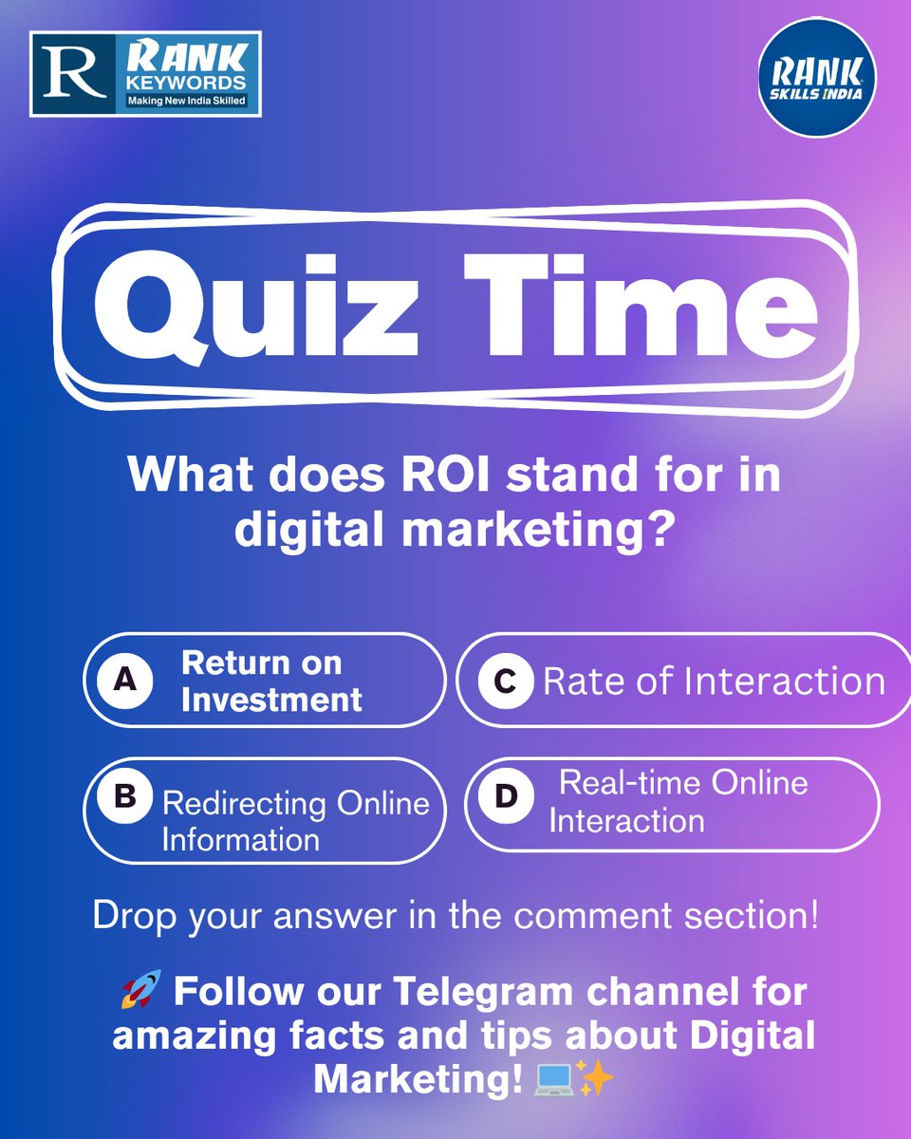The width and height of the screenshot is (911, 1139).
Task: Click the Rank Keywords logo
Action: pos(145,74)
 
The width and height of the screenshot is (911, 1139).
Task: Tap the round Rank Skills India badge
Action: pos(817,77)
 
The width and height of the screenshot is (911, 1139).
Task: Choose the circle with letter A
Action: pos(120,681)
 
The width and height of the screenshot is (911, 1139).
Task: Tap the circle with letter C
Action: pos(505,681)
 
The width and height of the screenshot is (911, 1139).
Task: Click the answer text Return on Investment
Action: pos(271,682)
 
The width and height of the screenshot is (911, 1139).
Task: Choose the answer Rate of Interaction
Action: pos(713,682)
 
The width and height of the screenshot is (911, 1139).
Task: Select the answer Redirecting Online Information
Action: pos(295,821)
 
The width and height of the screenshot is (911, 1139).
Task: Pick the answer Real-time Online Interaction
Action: pos(678,801)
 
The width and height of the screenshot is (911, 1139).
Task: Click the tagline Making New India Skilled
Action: pos(187,100)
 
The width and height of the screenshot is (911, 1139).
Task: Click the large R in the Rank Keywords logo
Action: pos(72,74)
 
